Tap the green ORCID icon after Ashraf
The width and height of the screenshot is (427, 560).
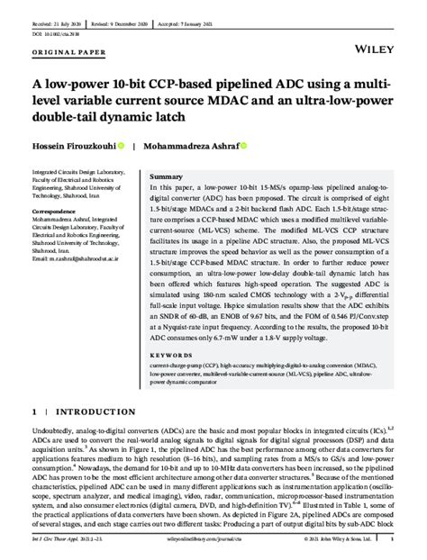pos(244,145)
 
